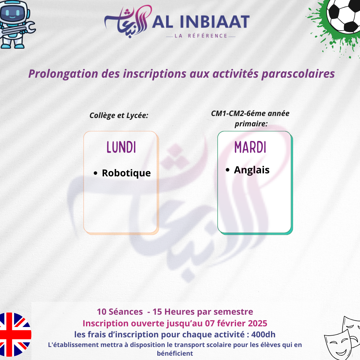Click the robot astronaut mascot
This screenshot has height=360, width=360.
(16, 24)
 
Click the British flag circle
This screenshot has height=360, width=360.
(14, 334)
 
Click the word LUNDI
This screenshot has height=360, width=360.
(121, 147)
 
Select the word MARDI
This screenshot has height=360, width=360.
(250, 147)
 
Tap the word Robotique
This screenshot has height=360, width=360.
(126, 173)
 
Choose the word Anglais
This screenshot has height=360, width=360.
(252, 170)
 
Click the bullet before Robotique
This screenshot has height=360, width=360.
(96, 173)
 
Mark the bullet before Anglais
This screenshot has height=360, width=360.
(228, 170)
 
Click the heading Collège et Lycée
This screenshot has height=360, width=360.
(119, 115)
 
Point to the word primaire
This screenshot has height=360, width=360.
(251, 124)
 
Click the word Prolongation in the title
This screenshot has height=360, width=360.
(63, 74)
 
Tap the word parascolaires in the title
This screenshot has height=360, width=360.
(298, 74)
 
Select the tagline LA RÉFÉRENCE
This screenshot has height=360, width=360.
(201, 36)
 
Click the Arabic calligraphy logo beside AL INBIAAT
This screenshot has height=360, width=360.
(128, 21)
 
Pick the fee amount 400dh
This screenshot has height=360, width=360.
(263, 335)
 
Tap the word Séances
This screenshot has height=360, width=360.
(126, 312)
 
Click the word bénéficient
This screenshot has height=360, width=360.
(175, 353)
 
